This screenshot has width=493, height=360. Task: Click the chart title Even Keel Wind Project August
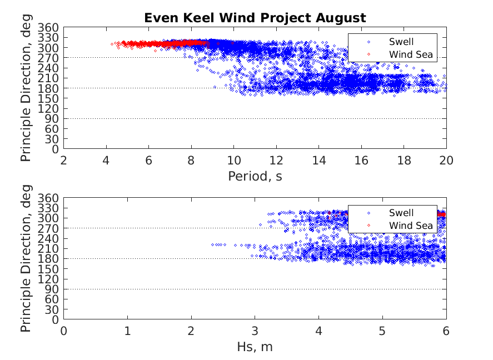255,18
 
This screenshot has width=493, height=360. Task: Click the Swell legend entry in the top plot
401,41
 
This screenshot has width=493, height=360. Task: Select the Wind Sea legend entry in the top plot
410,54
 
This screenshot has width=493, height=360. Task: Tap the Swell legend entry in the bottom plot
401,212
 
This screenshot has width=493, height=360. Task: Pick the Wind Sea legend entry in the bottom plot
410,226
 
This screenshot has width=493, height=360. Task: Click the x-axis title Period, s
255,177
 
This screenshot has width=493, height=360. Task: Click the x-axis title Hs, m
255,348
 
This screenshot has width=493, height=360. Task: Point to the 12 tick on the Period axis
276,161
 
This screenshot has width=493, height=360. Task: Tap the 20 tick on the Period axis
446,161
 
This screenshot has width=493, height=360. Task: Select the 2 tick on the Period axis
64,161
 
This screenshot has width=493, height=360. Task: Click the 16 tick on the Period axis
361,161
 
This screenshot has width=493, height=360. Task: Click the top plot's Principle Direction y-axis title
26,88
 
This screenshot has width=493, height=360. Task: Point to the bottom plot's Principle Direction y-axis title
26,259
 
